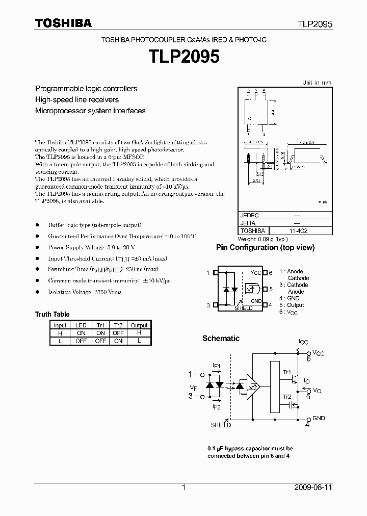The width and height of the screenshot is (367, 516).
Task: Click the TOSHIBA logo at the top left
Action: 63,23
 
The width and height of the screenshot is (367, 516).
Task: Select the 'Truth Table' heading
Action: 52,314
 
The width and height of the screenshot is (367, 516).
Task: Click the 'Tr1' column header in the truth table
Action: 100,325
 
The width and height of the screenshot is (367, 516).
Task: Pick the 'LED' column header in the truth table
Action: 81,325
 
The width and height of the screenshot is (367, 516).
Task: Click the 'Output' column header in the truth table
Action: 139,325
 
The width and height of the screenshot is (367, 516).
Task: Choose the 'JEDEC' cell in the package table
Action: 249,216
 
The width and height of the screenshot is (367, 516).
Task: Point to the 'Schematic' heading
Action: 221,339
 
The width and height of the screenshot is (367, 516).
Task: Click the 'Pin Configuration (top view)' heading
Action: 265,248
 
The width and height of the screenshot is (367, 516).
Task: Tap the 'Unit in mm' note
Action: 317,83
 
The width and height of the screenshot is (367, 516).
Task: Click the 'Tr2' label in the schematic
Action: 287,397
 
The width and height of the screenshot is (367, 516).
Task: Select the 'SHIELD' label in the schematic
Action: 221,425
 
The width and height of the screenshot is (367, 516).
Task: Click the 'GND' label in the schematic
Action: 319,418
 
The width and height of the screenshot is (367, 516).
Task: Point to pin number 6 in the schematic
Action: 308,359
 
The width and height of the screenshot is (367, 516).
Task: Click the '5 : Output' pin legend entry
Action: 291,305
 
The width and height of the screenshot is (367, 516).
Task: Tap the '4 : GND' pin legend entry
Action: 289,298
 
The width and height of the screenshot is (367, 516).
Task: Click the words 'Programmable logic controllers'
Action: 86,89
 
